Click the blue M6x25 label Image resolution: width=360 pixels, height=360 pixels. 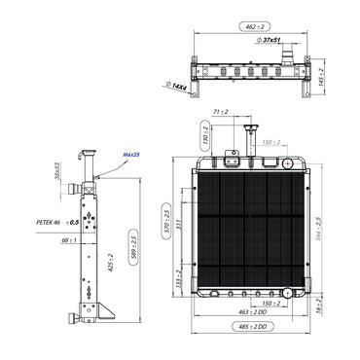[x=129, y=154]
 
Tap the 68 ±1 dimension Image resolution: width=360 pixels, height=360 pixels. [x=69, y=240]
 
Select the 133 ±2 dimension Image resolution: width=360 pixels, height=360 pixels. [x=177, y=280]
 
